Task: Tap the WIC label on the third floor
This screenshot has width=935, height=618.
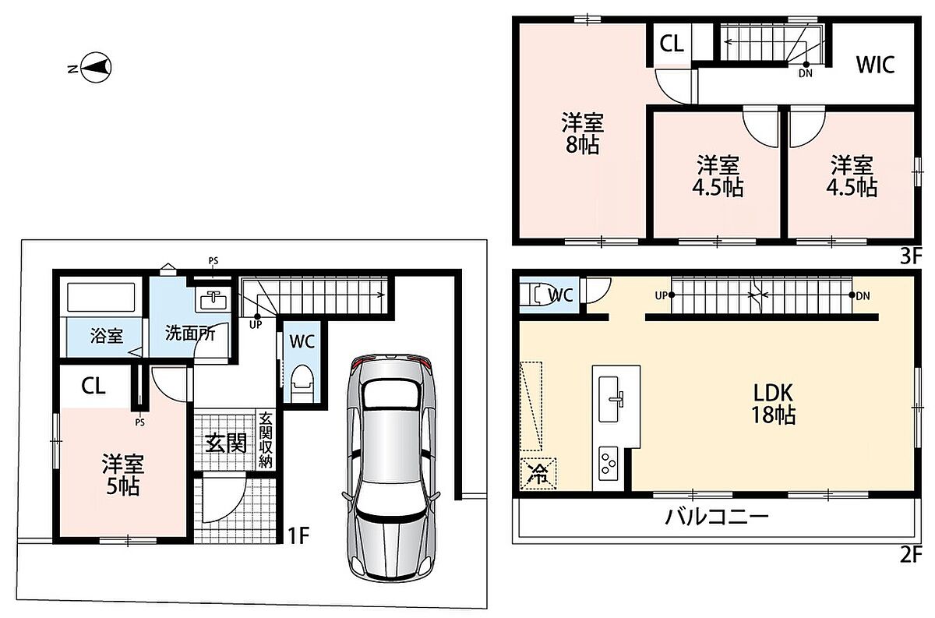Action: [x=875, y=65]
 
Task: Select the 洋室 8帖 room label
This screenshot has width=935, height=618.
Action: [x=582, y=133]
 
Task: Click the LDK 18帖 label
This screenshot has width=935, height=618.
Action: [x=773, y=404]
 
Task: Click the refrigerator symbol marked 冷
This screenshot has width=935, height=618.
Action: [x=538, y=474]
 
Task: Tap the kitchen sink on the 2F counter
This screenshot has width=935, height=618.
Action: [x=609, y=399]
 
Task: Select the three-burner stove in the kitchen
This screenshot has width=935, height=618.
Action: [x=609, y=463]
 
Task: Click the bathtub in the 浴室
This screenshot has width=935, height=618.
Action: [x=101, y=297]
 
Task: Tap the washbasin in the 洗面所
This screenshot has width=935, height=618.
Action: [x=213, y=299]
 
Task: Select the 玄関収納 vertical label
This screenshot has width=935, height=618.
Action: [x=266, y=440]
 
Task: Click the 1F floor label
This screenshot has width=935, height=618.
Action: [x=299, y=535]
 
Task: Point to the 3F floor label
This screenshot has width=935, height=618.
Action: [x=910, y=256]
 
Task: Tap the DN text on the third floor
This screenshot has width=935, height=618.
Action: [x=806, y=73]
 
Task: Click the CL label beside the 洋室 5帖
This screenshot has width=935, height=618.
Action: [x=93, y=386]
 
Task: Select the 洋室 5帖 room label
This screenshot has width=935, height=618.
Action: [x=123, y=475]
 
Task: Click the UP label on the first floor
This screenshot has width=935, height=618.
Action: [x=256, y=324]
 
